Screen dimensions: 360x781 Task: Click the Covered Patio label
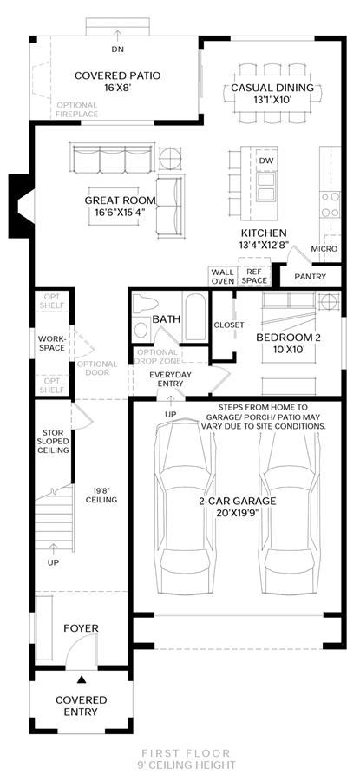tap(117, 75)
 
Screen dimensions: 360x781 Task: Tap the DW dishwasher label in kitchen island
tap(266, 161)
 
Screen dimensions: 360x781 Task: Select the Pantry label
tap(310, 277)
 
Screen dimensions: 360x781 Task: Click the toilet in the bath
tap(146, 303)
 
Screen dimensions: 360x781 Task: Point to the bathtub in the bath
tap(194, 317)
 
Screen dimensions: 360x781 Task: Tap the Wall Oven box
tap(222, 277)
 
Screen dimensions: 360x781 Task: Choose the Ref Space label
tap(254, 277)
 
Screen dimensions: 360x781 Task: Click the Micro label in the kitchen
tap(324, 249)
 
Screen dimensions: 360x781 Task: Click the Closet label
tap(228, 325)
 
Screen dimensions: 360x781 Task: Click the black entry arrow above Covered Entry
tap(82, 679)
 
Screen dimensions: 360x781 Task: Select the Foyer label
tap(82, 628)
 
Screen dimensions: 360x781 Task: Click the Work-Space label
tap(52, 343)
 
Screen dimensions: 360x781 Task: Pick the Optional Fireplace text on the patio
tap(76, 109)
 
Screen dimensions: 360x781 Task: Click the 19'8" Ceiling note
tap(101, 495)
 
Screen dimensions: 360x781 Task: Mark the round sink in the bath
tap(141, 330)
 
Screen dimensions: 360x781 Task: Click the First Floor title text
tap(186, 753)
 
